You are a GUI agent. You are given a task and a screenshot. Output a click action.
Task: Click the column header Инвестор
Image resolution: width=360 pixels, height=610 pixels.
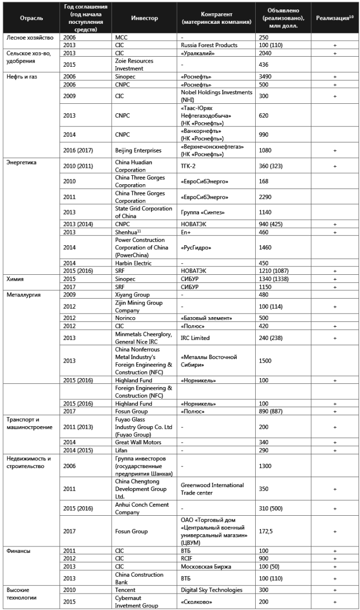coord(144,18)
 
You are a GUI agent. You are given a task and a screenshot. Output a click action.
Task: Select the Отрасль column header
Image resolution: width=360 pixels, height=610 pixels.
coord(31,18)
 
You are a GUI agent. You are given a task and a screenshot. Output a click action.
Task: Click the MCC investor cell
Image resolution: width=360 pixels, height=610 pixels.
coord(121,38)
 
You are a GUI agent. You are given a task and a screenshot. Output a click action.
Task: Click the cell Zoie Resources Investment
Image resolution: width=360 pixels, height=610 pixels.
coord(134,65)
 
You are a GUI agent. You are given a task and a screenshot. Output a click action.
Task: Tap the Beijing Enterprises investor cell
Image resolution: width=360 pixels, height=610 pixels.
coord(138,150)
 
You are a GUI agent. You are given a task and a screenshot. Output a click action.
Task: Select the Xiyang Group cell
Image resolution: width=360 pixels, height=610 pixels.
coord(132,294)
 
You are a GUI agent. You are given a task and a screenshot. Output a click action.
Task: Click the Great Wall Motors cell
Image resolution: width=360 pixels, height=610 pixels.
coord(138,442)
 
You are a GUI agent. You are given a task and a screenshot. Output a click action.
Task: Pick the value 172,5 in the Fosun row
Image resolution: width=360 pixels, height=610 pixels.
coord(265,531)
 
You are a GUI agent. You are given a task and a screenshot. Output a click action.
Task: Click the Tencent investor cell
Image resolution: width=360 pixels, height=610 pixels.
coord(125,589)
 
